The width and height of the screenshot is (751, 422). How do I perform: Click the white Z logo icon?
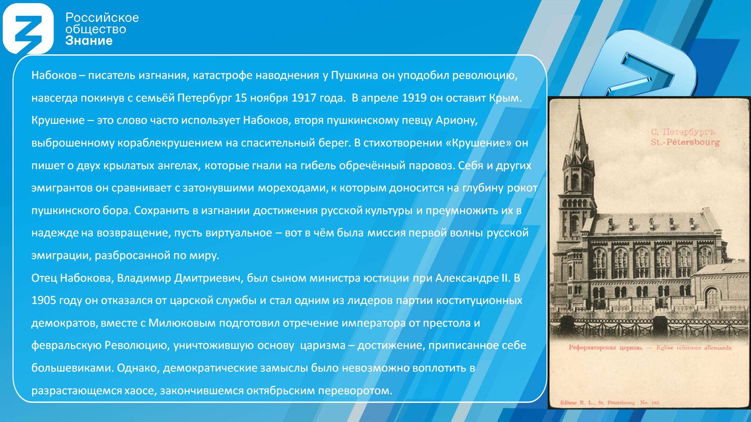[28, 29]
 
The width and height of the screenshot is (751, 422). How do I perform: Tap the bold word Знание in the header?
[89, 41]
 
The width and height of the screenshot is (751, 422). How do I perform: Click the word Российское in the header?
[102, 18]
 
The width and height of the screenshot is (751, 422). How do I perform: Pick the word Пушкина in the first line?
[354, 75]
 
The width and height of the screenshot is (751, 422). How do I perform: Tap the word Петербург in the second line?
[205, 98]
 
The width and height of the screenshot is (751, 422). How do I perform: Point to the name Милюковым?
[182, 323]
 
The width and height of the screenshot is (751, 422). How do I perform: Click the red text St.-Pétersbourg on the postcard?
[685, 142]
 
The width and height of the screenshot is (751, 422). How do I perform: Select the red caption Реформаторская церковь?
[605, 347]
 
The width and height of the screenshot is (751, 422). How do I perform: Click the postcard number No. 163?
[650, 402]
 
